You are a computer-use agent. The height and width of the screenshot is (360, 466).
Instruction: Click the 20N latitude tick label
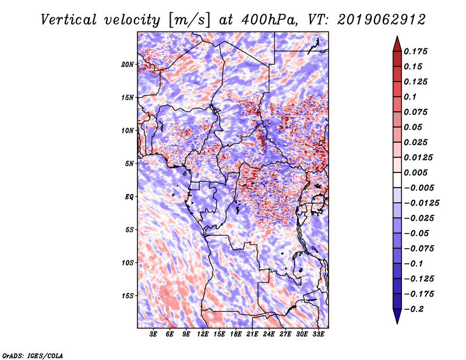(128, 64)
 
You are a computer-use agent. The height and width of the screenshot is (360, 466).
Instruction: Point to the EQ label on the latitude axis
(129, 196)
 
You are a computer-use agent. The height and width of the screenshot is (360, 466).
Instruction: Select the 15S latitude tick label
(128, 295)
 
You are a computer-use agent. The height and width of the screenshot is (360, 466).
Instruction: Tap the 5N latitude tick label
(129, 163)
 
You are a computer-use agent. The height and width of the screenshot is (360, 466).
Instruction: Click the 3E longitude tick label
(154, 334)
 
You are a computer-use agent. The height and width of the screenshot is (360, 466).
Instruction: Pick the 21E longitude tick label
(253, 334)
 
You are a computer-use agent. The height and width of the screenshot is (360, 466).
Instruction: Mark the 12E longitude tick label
(203, 334)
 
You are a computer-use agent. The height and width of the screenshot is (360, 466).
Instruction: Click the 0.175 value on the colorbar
(417, 51)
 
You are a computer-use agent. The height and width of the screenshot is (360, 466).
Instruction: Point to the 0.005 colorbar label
(417, 172)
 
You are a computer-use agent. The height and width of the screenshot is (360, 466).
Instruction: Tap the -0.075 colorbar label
(419, 248)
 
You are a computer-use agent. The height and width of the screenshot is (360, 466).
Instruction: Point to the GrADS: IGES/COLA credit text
(33, 355)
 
